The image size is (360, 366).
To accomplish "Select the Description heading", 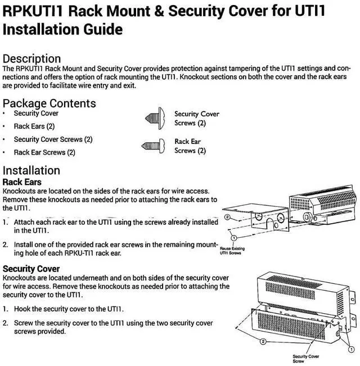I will (x=31, y=58).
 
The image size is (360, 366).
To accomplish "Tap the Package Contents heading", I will (x=49, y=103).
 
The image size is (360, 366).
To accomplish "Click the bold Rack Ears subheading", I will (x=22, y=182).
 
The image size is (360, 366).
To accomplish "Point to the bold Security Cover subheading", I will (x=31, y=269).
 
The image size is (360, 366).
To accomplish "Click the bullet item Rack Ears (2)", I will (x=34, y=126).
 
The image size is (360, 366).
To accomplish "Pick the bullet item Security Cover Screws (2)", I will (x=53, y=139).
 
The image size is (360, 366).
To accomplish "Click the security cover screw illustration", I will (x=154, y=118).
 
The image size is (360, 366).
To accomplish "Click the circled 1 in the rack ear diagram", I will (x=233, y=238).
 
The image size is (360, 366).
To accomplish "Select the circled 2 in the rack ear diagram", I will (x=227, y=217).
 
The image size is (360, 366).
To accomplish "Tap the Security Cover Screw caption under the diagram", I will (x=306, y=359).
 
